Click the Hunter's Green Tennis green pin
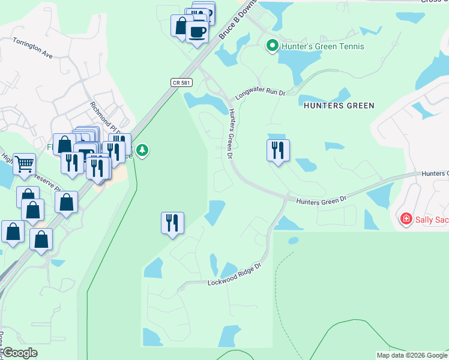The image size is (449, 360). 272,46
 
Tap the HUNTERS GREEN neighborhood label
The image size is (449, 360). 339,106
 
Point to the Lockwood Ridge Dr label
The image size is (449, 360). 235,274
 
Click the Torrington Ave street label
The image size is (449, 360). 33,46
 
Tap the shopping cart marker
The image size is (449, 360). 24,163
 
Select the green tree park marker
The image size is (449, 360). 142,150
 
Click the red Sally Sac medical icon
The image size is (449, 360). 406,219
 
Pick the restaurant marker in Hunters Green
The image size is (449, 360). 278,150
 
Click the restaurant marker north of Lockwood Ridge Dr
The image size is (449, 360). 172,223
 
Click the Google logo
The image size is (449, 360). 20,353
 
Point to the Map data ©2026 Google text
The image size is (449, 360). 412,355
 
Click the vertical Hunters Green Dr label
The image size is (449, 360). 229,133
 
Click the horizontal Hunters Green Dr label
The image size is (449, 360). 321,199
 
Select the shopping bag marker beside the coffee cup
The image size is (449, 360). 181,26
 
